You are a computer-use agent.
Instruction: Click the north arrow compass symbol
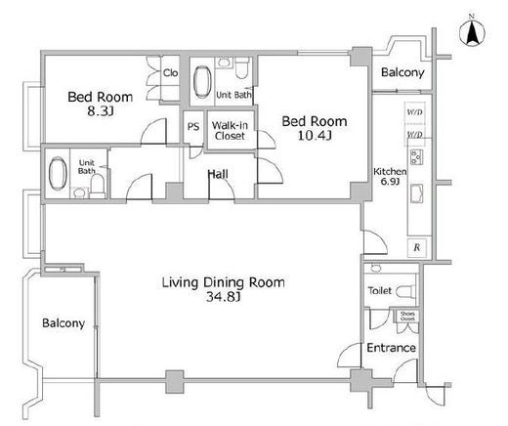tap(472, 32)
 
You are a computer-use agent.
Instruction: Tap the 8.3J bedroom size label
tap(101, 111)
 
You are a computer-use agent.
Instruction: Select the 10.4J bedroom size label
tap(315, 135)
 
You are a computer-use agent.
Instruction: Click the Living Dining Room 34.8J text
tap(224, 289)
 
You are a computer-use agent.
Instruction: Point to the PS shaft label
tap(193, 126)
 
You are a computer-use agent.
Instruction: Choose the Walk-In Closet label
tap(230, 130)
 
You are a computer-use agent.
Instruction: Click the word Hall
tap(218, 174)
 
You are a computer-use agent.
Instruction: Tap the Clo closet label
tap(171, 72)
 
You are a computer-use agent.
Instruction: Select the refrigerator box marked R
tap(416, 247)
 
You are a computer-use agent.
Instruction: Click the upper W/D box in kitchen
tap(415, 112)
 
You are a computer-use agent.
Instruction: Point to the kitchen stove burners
tap(416, 157)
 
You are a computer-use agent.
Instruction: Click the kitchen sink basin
tap(416, 193)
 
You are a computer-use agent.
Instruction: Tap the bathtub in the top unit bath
tap(202, 82)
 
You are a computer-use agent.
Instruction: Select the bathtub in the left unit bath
tap(58, 173)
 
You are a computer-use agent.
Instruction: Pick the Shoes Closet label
tap(407, 316)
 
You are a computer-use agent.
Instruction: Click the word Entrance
tap(391, 348)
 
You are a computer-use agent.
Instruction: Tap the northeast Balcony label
tap(402, 72)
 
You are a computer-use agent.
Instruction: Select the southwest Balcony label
tap(63, 323)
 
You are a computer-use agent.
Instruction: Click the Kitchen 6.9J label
tap(390, 176)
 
